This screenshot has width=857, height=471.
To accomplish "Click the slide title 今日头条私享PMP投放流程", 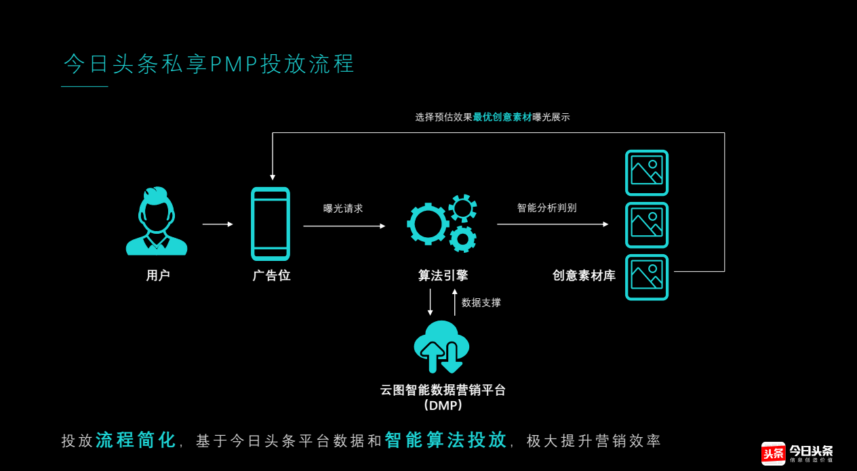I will [210, 64].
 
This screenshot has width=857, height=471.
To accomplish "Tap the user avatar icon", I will [157, 222].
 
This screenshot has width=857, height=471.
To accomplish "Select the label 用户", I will [158, 276].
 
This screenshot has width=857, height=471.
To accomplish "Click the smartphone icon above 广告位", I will [271, 224].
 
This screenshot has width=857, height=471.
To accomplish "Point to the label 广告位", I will [272, 276].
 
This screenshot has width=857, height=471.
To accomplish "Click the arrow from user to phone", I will [218, 224].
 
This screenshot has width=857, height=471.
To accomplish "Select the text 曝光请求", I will [343, 209].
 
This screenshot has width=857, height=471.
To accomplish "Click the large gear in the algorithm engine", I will [428, 224].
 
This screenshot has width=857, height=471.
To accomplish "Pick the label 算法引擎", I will [443, 276].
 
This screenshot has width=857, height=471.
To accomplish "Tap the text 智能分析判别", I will [546, 208].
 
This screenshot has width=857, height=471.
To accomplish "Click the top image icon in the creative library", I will [647, 173].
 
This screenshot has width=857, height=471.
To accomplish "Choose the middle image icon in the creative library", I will [647, 225].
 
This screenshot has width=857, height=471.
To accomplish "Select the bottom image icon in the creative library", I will [647, 277].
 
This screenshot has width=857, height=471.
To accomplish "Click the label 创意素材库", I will [584, 276].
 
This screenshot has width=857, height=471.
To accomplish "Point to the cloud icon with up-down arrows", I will [441, 346].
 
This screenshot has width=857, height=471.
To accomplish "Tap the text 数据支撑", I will [481, 303].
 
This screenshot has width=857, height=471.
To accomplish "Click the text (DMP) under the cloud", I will [443, 406].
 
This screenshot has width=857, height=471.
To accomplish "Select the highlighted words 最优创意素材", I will [502, 117].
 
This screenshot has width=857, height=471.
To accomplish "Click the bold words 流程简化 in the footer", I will [136, 441].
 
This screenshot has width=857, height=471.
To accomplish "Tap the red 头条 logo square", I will [773, 453].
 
